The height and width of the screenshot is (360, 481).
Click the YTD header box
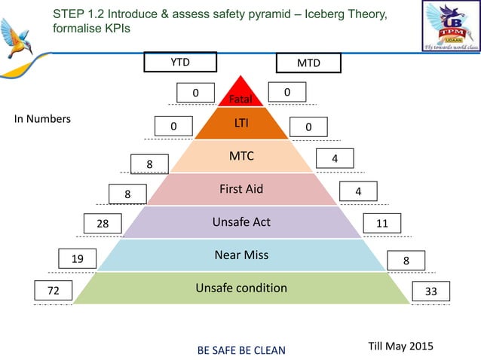click(x=180, y=63)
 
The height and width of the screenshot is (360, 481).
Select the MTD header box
click(x=308, y=63)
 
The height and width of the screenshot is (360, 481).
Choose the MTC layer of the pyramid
click(x=241, y=157)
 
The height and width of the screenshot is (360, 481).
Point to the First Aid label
click(x=241, y=189)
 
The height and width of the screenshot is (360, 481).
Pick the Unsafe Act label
click(x=241, y=222)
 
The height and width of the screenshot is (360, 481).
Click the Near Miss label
click(x=241, y=255)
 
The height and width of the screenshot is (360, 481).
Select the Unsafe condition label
click(x=241, y=288)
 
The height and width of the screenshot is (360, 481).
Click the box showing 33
click(x=432, y=291)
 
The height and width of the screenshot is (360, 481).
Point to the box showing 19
click(x=78, y=259)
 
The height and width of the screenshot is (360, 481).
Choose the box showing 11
click(x=382, y=224)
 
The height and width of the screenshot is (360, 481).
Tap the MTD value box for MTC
click(x=334, y=158)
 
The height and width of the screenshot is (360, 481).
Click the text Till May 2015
click(x=400, y=344)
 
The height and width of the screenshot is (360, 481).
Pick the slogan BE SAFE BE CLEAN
click(x=241, y=350)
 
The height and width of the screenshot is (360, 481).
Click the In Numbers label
click(x=43, y=119)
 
